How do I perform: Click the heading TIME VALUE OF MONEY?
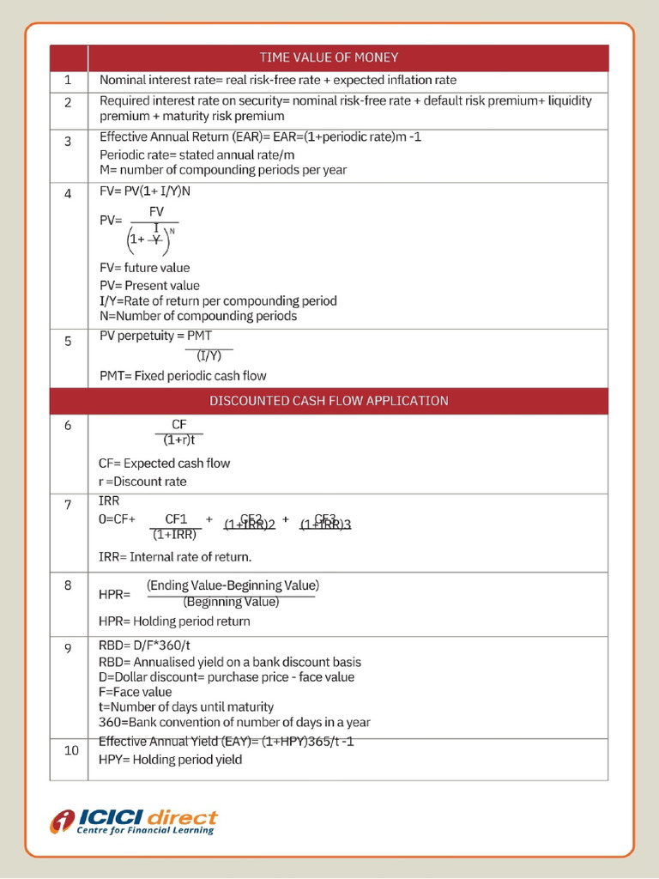click(329, 58)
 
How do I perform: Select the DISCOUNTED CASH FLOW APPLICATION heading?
click(329, 401)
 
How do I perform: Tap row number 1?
click(68, 81)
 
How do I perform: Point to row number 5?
click(68, 341)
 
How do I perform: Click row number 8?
click(68, 585)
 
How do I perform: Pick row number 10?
click(71, 750)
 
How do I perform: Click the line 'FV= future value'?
click(144, 268)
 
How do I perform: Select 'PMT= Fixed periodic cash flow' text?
click(183, 376)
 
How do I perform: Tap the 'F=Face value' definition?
click(136, 692)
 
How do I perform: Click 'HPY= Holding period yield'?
click(170, 760)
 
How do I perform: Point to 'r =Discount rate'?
click(142, 482)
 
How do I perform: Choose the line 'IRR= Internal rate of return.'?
click(175, 556)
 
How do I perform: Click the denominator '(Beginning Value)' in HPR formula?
click(231, 602)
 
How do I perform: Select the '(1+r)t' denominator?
click(179, 440)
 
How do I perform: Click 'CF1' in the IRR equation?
click(176, 518)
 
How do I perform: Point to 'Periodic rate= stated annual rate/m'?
click(197, 154)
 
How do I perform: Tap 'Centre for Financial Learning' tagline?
click(146, 830)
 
